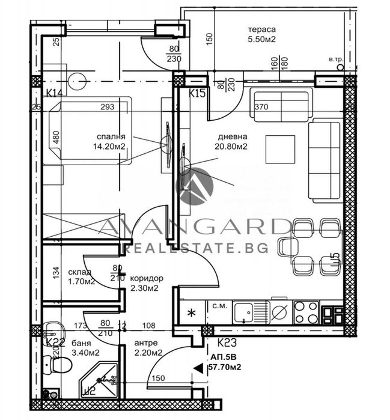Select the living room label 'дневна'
[231, 136]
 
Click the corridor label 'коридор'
[146, 278]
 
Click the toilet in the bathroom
[52, 364]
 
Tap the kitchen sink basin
[245, 312]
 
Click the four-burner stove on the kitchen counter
[305, 311]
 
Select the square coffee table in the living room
[281, 150]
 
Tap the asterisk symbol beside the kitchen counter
[192, 312]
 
